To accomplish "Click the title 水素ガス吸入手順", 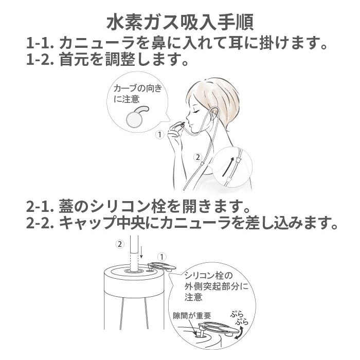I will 179,23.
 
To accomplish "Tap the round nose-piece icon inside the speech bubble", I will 135,118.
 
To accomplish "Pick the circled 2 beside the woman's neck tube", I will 197,157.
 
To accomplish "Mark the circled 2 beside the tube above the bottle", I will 120,244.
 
